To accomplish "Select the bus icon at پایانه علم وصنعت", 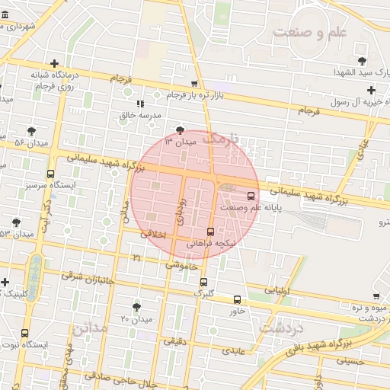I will point(251,196).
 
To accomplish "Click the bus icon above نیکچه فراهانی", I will point(211,232).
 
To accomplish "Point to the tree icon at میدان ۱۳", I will point(180,130).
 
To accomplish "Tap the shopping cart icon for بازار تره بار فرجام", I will point(194,84).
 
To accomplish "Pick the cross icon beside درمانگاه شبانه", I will point(53,64).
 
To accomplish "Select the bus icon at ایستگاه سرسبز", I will point(50,174).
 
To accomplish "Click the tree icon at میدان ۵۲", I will point(31,131).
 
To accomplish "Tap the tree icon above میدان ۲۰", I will point(136,306).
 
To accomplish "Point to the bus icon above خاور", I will point(237,299).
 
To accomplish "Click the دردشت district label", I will point(282,328).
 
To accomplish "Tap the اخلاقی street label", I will point(153,235).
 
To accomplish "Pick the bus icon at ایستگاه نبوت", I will point(25,333).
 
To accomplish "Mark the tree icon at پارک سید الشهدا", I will point(361,60).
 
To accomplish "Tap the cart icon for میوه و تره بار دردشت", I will point(376,296).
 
